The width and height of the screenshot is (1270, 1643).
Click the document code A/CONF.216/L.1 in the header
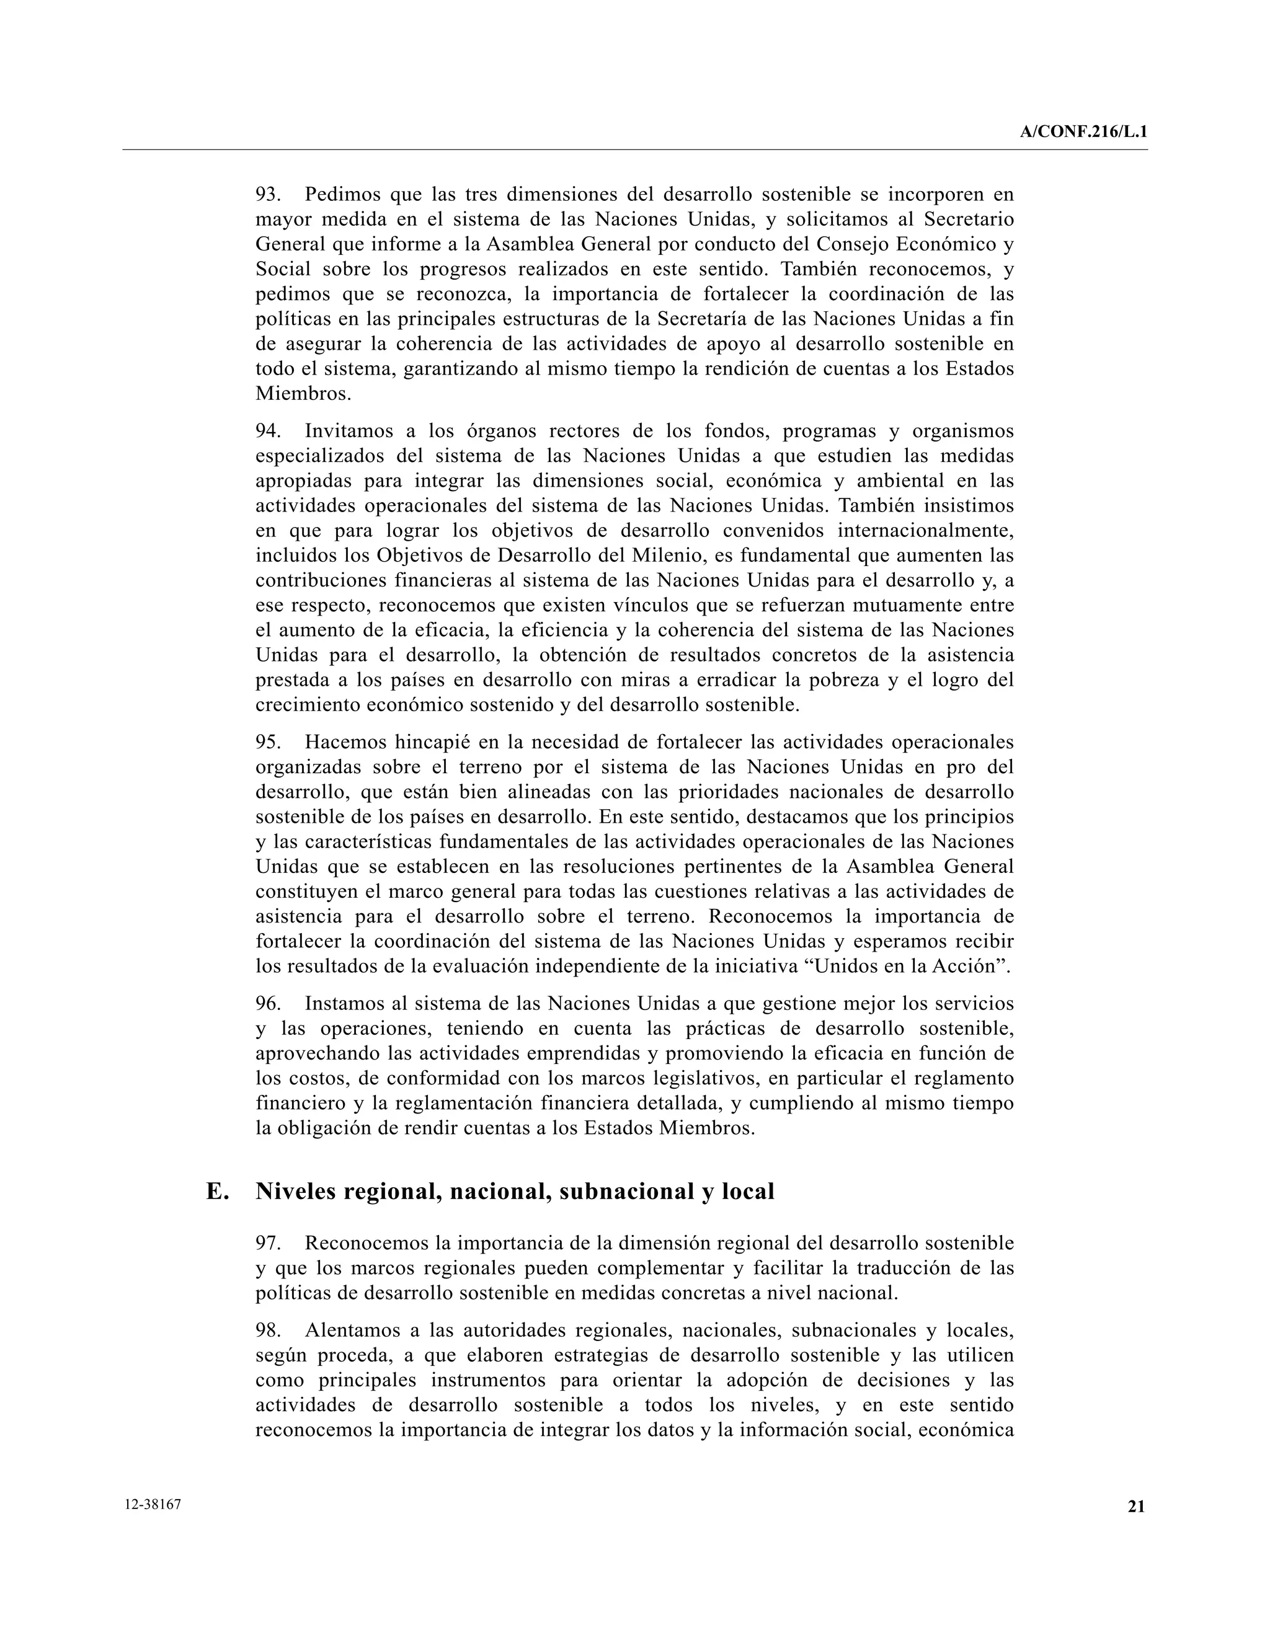(1083, 133)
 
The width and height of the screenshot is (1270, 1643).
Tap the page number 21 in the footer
(1136, 1506)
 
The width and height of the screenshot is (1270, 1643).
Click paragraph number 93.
(268, 195)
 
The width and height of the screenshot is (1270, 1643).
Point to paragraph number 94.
(268, 431)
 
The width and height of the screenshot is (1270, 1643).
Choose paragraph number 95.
(268, 743)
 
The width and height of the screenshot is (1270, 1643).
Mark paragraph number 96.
(268, 1004)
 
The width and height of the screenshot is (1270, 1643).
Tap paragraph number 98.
(268, 1331)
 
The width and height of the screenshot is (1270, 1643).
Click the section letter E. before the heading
(218, 1192)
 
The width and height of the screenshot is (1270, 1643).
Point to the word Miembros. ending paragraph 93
(303, 394)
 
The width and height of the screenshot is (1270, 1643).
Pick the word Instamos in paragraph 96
(346, 1004)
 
